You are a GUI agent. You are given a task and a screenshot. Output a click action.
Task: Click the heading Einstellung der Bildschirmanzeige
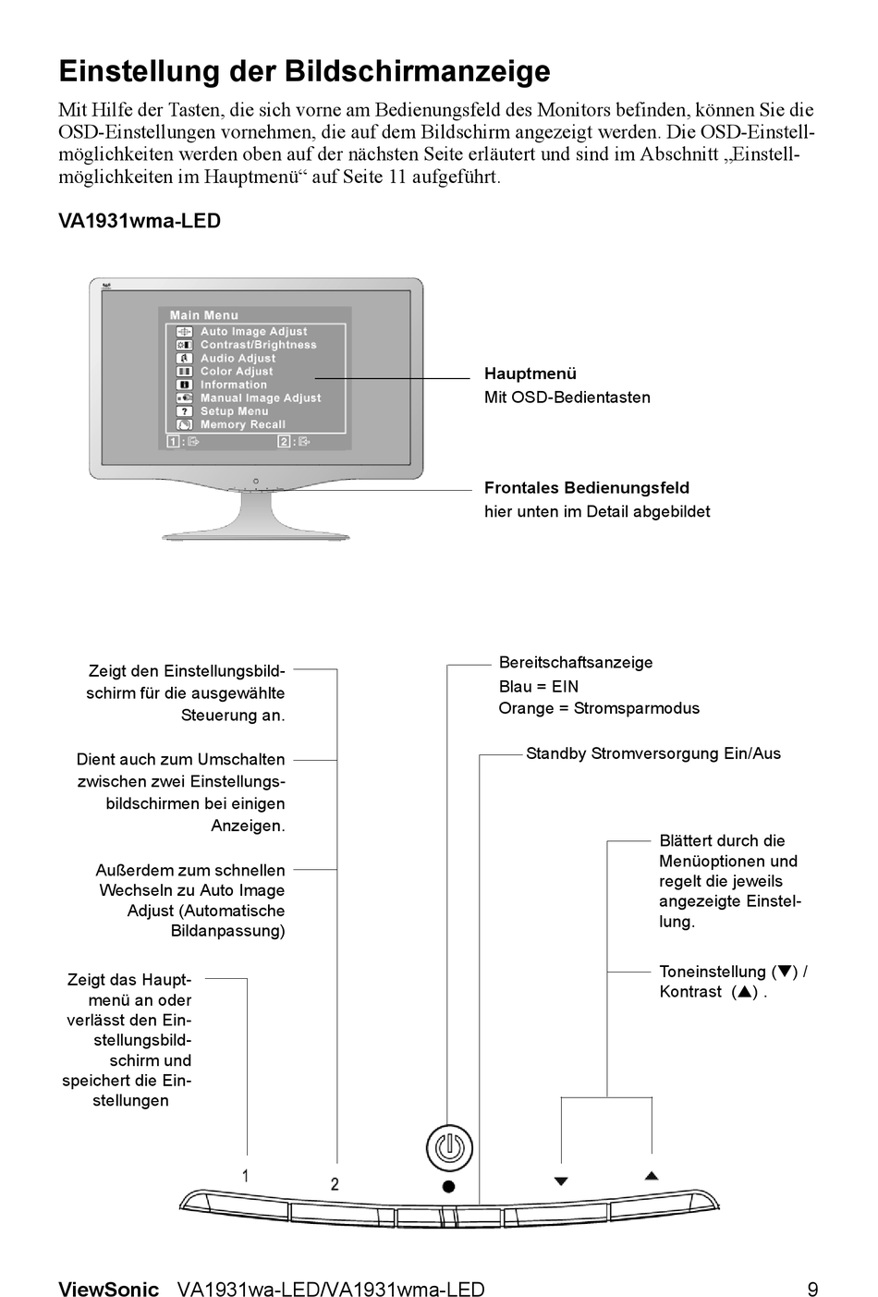click(x=304, y=71)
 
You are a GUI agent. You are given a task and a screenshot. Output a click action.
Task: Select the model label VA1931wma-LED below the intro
click(x=140, y=222)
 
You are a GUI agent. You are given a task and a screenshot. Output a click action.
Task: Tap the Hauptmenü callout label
click(x=530, y=373)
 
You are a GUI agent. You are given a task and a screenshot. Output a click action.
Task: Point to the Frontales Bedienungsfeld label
click(x=587, y=488)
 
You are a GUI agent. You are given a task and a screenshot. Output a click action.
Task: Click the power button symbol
click(x=449, y=1147)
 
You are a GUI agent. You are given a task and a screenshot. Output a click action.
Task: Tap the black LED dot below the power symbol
click(x=448, y=1186)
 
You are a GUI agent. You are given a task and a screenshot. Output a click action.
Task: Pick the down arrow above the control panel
click(x=561, y=1181)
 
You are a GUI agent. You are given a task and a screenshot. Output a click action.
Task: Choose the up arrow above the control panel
click(x=652, y=1176)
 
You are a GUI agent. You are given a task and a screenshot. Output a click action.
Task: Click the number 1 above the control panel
click(x=246, y=1176)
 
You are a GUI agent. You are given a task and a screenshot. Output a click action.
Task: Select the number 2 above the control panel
click(x=335, y=1183)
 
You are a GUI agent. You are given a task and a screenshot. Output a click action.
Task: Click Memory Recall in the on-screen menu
click(x=242, y=425)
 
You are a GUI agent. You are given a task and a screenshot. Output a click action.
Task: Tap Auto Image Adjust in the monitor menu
click(x=253, y=331)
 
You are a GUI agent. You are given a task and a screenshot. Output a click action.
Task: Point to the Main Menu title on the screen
click(x=204, y=315)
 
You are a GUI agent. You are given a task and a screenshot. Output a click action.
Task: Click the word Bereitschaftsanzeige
click(x=575, y=663)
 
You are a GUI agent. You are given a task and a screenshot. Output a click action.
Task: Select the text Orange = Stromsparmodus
click(x=599, y=709)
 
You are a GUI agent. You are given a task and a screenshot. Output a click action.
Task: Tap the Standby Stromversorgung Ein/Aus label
click(x=652, y=753)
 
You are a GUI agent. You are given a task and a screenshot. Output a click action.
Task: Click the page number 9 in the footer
click(x=812, y=1290)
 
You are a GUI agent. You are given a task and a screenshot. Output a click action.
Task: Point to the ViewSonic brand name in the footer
click(x=108, y=1290)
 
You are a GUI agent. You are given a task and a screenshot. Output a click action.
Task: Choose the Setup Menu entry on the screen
click(x=234, y=411)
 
